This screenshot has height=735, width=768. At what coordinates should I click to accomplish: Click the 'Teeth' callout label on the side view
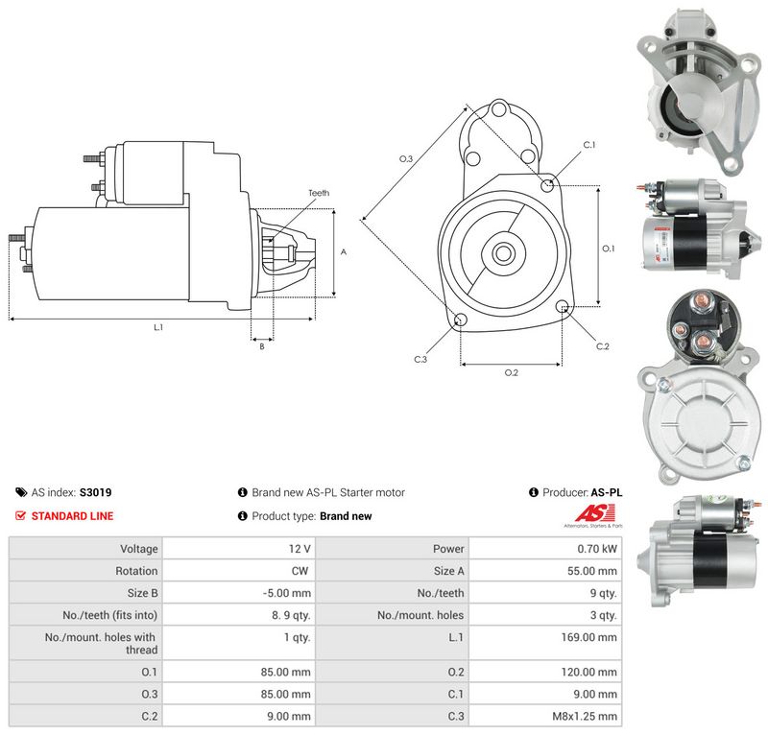[x=319, y=193]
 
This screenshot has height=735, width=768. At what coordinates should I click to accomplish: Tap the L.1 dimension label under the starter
[x=158, y=327]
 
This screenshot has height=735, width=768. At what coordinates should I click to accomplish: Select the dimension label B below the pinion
[x=262, y=346]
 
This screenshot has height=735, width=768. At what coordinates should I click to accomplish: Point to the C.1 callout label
[x=589, y=145]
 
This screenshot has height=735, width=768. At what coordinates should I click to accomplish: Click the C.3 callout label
[x=420, y=360]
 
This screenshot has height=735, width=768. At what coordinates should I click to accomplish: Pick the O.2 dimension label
[x=512, y=372]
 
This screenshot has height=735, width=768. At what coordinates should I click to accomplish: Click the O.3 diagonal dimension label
[x=406, y=158]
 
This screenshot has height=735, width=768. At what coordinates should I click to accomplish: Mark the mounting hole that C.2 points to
[x=564, y=307]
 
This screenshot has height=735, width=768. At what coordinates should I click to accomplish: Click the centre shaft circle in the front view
[x=502, y=253]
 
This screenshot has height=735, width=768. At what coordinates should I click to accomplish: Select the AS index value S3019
[x=95, y=492]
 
